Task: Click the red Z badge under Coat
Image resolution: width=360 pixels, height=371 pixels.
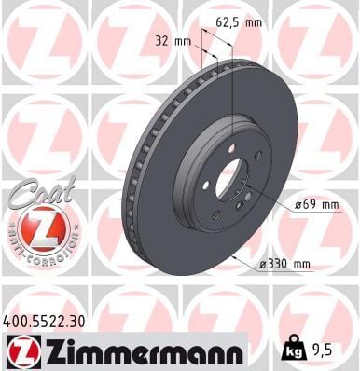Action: pyautogui.click(x=41, y=229)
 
